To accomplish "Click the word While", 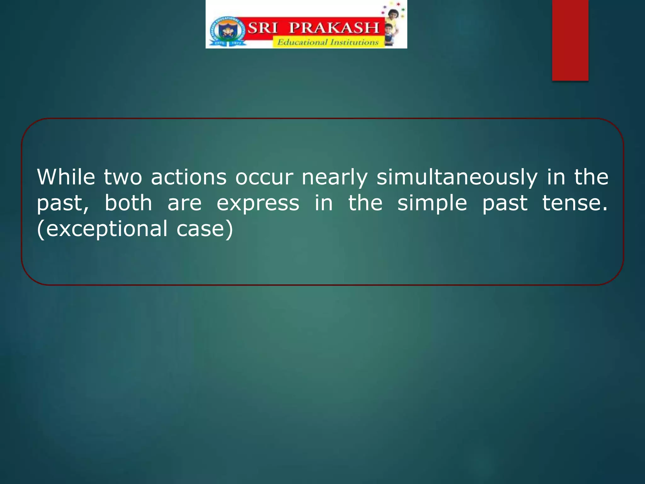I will [66, 177].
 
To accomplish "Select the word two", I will [123, 178].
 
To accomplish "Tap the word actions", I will [189, 177].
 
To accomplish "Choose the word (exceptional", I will [102, 229].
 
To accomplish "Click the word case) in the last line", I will [205, 229].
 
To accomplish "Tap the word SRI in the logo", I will [263, 28].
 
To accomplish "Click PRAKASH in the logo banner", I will [334, 28].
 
